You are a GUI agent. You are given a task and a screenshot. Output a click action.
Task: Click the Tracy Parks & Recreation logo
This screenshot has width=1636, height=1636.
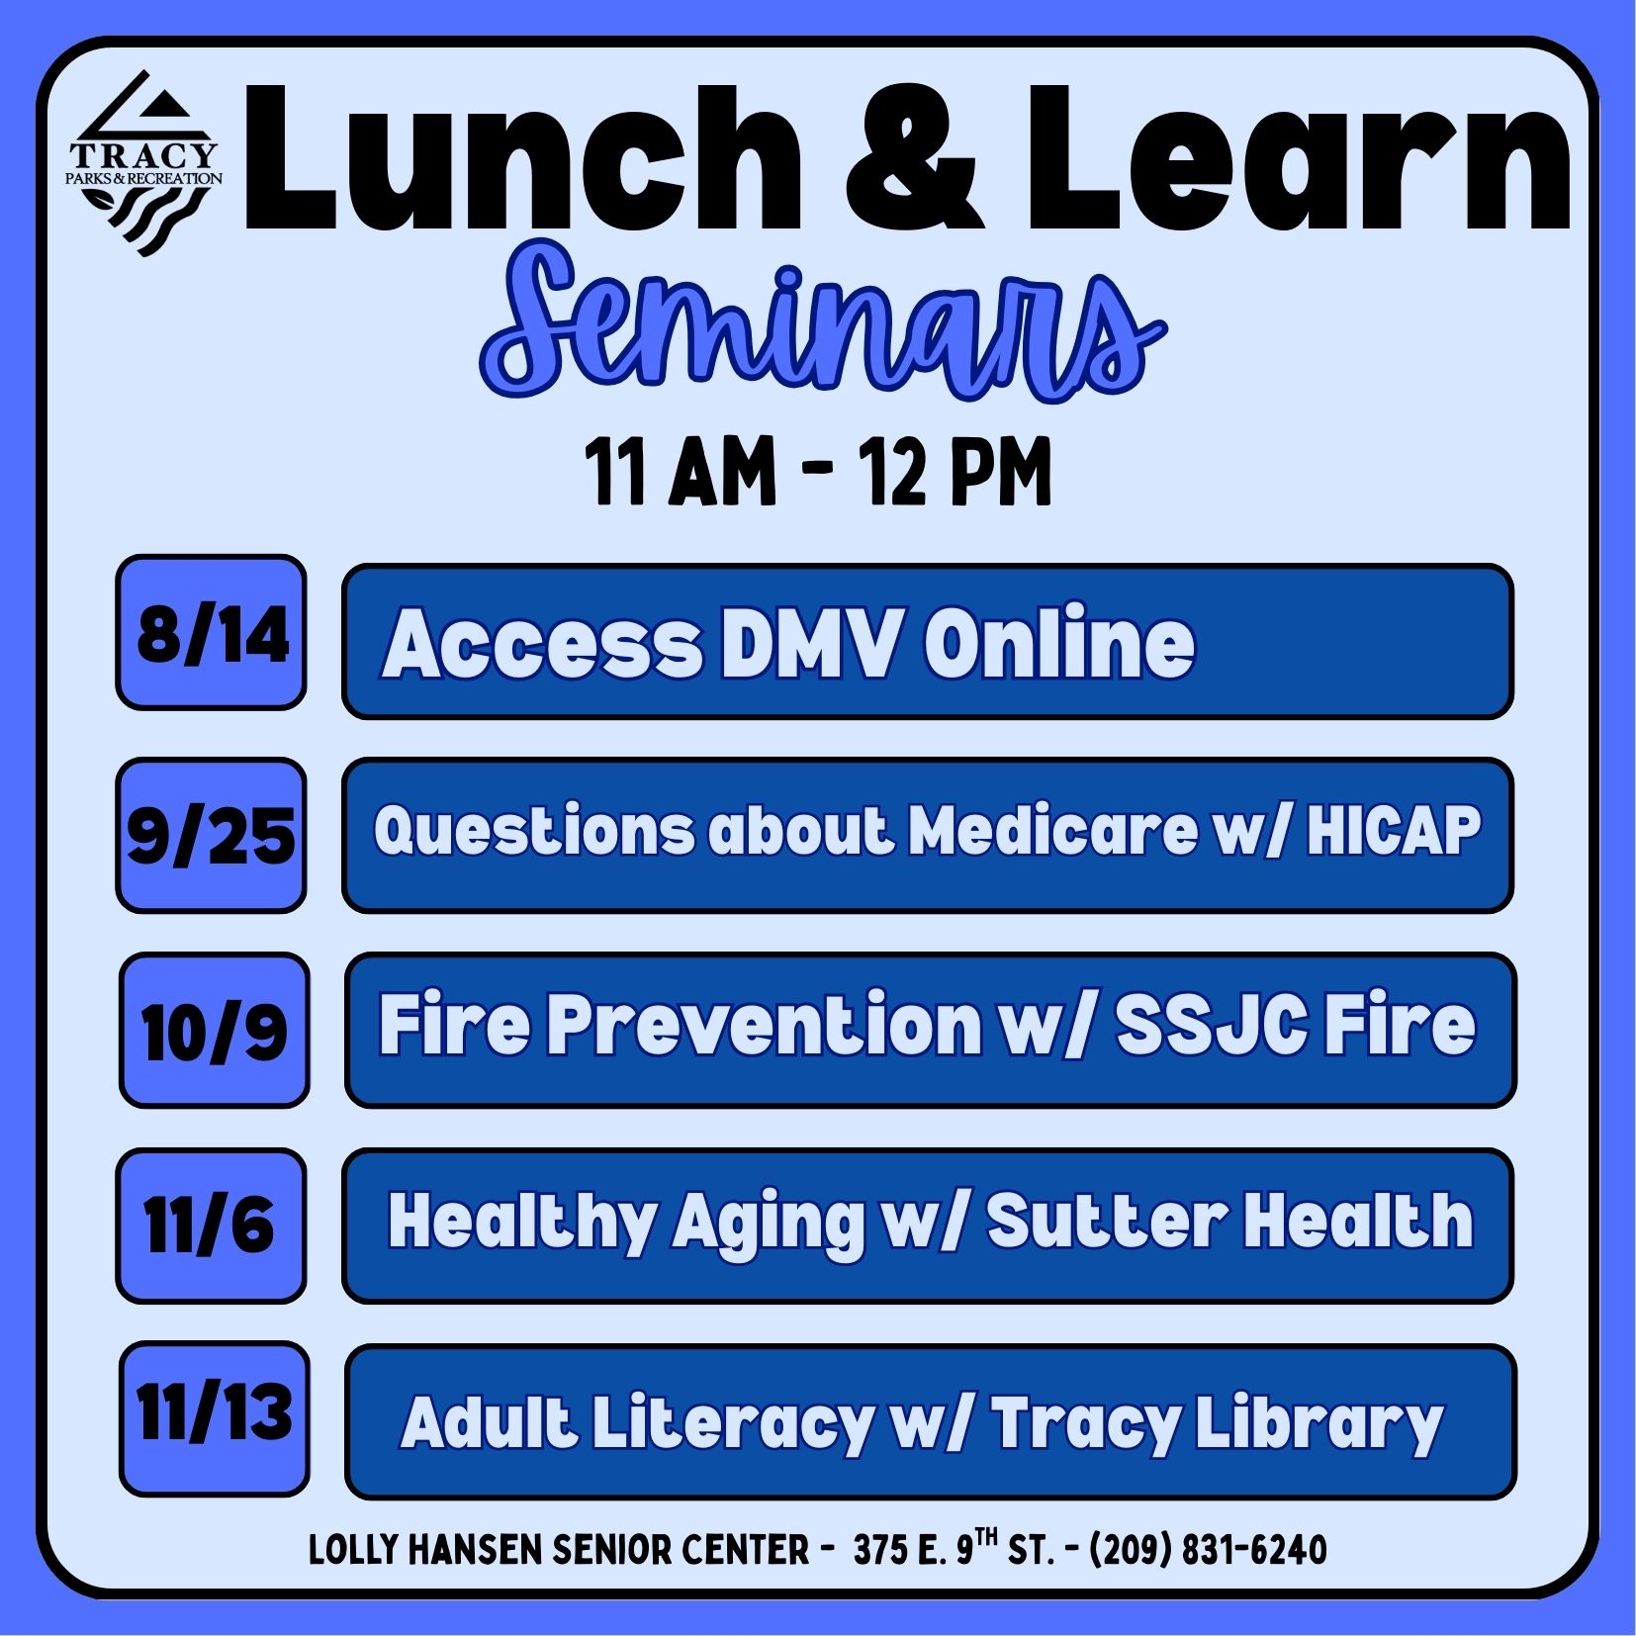click(x=144, y=163)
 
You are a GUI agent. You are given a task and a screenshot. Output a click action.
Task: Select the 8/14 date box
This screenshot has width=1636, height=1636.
click(x=211, y=632)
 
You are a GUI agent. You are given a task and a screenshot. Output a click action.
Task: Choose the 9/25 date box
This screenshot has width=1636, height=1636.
click(x=211, y=835)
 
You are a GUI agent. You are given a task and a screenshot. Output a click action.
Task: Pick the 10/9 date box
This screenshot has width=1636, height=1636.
click(x=214, y=1030)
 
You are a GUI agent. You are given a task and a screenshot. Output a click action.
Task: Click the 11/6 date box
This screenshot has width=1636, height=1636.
click(x=211, y=1225)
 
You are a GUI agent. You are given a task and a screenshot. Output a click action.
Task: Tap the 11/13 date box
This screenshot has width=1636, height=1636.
click(x=214, y=1418)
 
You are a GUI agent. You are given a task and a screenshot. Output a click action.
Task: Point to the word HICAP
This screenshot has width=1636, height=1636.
click(x=1394, y=830)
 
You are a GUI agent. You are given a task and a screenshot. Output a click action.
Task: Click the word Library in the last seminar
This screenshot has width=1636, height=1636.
click(x=1319, y=1424)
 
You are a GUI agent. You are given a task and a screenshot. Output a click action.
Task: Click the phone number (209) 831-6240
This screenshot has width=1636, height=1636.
click(x=1208, y=1549)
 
